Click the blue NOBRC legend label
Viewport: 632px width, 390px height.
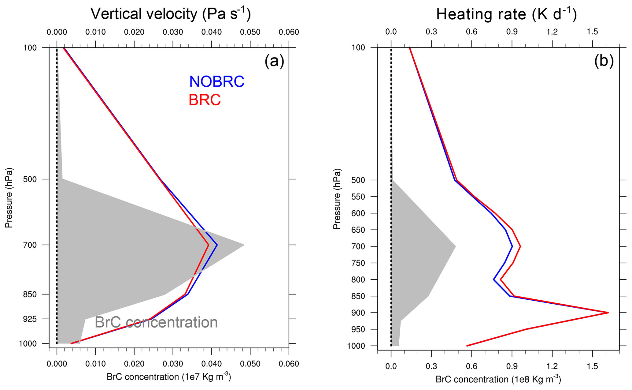pos(216,82)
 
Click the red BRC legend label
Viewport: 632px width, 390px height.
pos(205,100)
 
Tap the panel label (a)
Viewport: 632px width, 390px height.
pos(274,61)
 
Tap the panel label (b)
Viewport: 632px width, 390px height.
pos(604,61)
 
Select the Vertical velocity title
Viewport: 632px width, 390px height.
pos(171,14)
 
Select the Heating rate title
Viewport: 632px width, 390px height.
pos(506,14)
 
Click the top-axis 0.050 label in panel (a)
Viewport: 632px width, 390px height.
pos(250,32)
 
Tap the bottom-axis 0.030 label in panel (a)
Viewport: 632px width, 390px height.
pos(173,364)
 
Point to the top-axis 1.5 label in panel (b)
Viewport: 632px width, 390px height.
pos(592,32)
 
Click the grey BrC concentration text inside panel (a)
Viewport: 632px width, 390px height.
pos(156,322)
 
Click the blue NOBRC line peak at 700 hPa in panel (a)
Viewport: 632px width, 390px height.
pos(217,245)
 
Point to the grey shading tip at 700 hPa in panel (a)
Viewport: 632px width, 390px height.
pos(243,245)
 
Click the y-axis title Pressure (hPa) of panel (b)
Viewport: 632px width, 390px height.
pos(337,198)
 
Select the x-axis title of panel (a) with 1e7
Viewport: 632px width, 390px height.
pos(169,377)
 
